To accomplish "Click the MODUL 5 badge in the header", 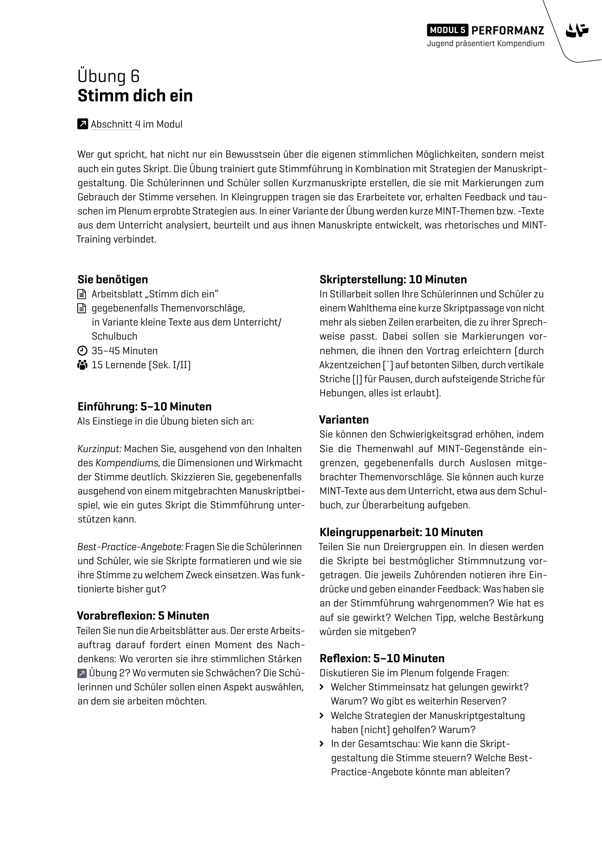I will pyautogui.click(x=447, y=30).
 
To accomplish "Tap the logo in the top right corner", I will pyautogui.click(x=577, y=31).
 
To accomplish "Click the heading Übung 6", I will pyautogui.click(x=109, y=76).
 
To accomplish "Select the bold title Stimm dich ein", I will pyautogui.click(x=135, y=96).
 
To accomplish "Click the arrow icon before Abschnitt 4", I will pyautogui.click(x=82, y=124).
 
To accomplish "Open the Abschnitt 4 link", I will pyautogui.click(x=115, y=124).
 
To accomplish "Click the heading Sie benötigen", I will pyautogui.click(x=113, y=279).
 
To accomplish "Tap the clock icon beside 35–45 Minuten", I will pyautogui.click(x=82, y=351).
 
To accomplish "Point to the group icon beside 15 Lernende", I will pyautogui.click(x=82, y=365).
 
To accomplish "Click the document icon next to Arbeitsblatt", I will pyautogui.click(x=82, y=294).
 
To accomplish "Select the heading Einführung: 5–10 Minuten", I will pyautogui.click(x=145, y=407).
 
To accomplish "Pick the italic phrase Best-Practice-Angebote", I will pyautogui.click(x=130, y=547).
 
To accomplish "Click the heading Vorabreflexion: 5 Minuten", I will pyautogui.click(x=143, y=616).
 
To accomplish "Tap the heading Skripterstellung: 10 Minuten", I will pyautogui.click(x=393, y=279).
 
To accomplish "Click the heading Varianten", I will pyautogui.click(x=344, y=420).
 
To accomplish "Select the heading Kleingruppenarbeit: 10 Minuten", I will pyautogui.click(x=401, y=532).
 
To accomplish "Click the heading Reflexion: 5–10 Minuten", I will pyautogui.click(x=382, y=658).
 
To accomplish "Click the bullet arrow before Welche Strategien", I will pyautogui.click(x=322, y=716).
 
